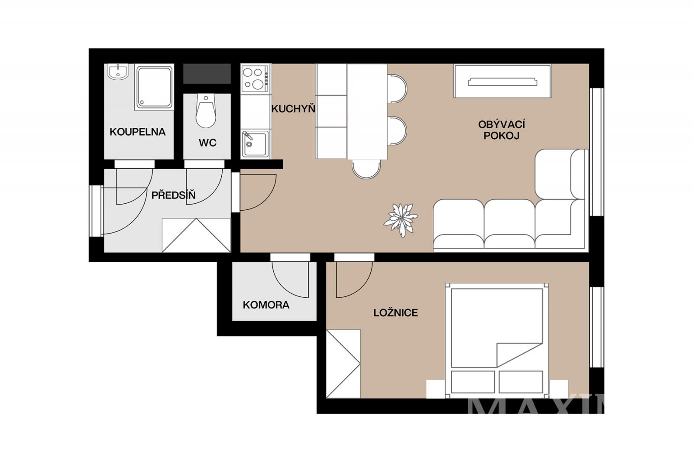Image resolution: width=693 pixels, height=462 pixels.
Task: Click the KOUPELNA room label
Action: [x=138, y=132]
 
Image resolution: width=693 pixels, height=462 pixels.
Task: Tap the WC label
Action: [x=207, y=143]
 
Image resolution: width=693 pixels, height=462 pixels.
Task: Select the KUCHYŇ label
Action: [x=293, y=109]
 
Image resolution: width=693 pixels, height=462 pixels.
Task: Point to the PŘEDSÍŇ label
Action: [x=174, y=195]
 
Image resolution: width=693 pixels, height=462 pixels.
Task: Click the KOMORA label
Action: [x=266, y=305]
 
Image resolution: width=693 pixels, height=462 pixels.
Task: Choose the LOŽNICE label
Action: [x=396, y=313]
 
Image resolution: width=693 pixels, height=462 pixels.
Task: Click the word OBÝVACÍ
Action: [x=502, y=124]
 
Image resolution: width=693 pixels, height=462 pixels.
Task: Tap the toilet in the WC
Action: [x=206, y=111]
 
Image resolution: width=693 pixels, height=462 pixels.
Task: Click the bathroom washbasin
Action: [x=117, y=72]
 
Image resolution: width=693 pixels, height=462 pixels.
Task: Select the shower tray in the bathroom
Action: [x=154, y=87]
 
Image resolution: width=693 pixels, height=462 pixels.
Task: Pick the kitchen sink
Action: [x=255, y=144]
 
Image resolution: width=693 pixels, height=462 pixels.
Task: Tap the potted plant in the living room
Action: [x=401, y=220]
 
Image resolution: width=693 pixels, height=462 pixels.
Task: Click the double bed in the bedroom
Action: [x=497, y=341]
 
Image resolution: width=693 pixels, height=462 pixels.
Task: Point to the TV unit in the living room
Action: [x=502, y=81]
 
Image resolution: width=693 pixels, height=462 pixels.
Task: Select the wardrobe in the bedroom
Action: [x=343, y=364]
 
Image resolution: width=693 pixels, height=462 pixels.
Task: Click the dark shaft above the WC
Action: [x=207, y=74]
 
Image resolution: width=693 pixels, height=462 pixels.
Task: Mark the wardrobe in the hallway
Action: [x=197, y=235]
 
